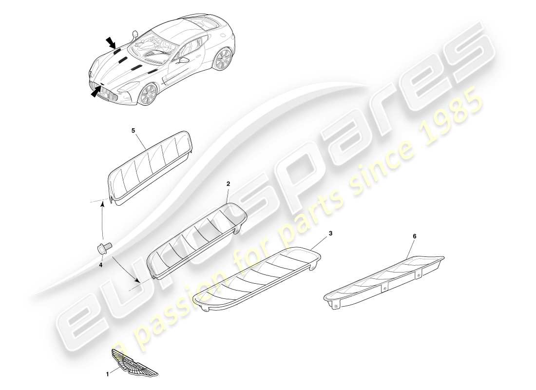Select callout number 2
pyautogui.click(x=228, y=184)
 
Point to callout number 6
pyautogui.click(x=415, y=236)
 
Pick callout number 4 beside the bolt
pyautogui.click(x=101, y=265)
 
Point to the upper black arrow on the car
pyautogui.click(x=111, y=43)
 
